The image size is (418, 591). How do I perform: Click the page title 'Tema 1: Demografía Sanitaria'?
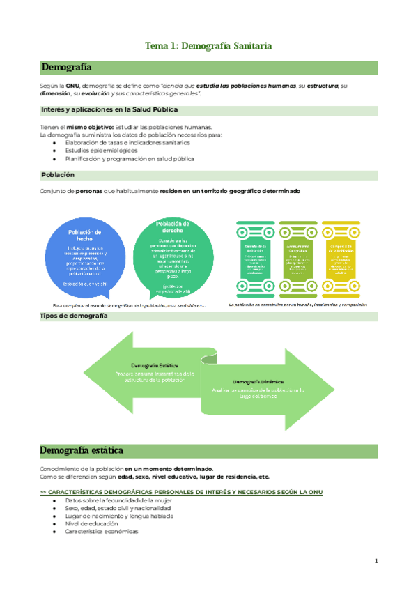(208, 46)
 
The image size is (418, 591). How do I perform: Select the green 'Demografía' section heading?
(66, 67)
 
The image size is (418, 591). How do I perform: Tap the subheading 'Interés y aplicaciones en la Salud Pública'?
(110, 109)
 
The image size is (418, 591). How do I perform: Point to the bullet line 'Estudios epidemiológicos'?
(101, 150)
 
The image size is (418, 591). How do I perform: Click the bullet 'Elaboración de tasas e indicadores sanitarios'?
(127, 142)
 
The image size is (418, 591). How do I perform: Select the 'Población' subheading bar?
(58, 174)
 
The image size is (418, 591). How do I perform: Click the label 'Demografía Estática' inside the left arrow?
(154, 365)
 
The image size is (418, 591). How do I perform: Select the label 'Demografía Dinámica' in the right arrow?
(258, 382)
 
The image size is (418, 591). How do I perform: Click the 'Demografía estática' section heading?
(82, 449)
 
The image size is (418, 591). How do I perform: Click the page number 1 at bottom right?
(376, 560)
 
